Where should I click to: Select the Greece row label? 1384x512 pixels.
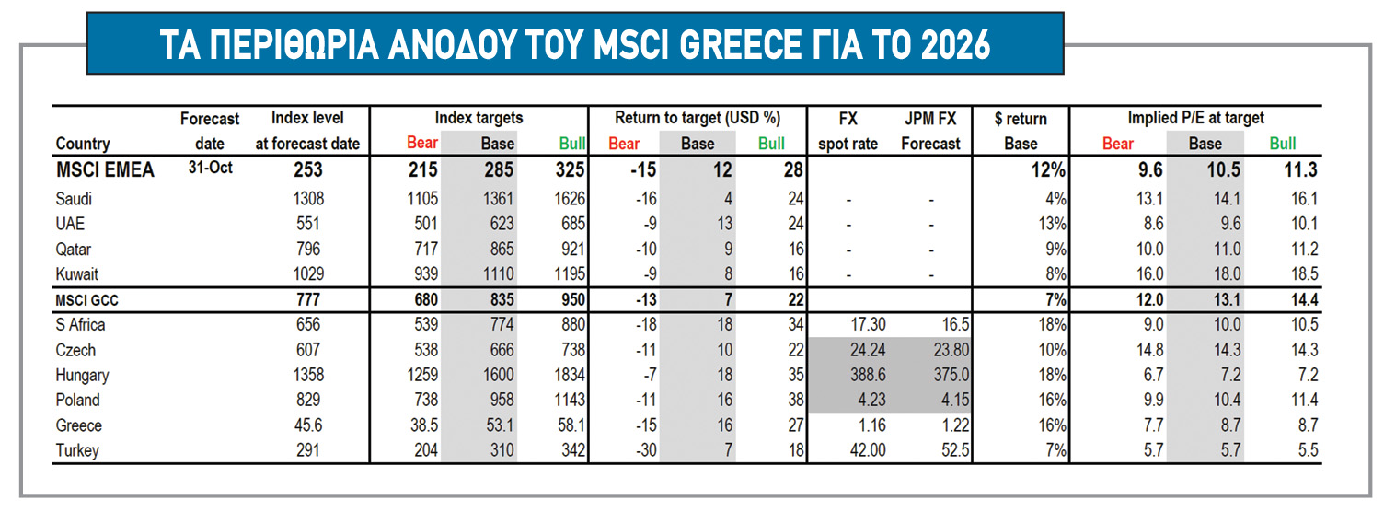click(79, 426)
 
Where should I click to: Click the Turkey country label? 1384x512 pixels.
click(77, 451)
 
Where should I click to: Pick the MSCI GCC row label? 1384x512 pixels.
click(88, 299)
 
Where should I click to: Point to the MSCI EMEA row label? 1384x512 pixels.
click(105, 170)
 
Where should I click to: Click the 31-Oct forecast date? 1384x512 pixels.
click(210, 168)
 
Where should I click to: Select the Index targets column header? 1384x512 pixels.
click(479, 118)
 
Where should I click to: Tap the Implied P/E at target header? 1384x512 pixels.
click(1196, 118)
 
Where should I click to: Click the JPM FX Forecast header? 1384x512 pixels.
click(930, 131)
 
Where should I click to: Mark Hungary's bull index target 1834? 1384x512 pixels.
click(564, 376)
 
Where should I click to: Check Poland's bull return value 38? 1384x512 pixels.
click(794, 401)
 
